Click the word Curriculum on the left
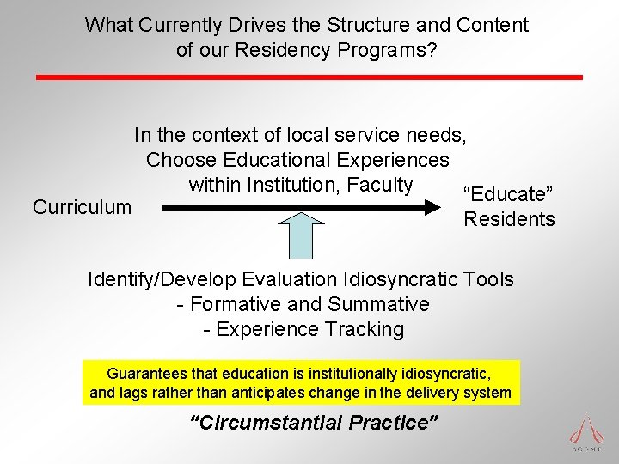point(82,207)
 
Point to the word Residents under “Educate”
point(509,219)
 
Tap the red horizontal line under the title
point(309,77)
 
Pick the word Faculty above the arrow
point(383,185)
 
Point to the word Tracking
point(368,329)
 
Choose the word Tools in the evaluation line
point(488,279)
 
